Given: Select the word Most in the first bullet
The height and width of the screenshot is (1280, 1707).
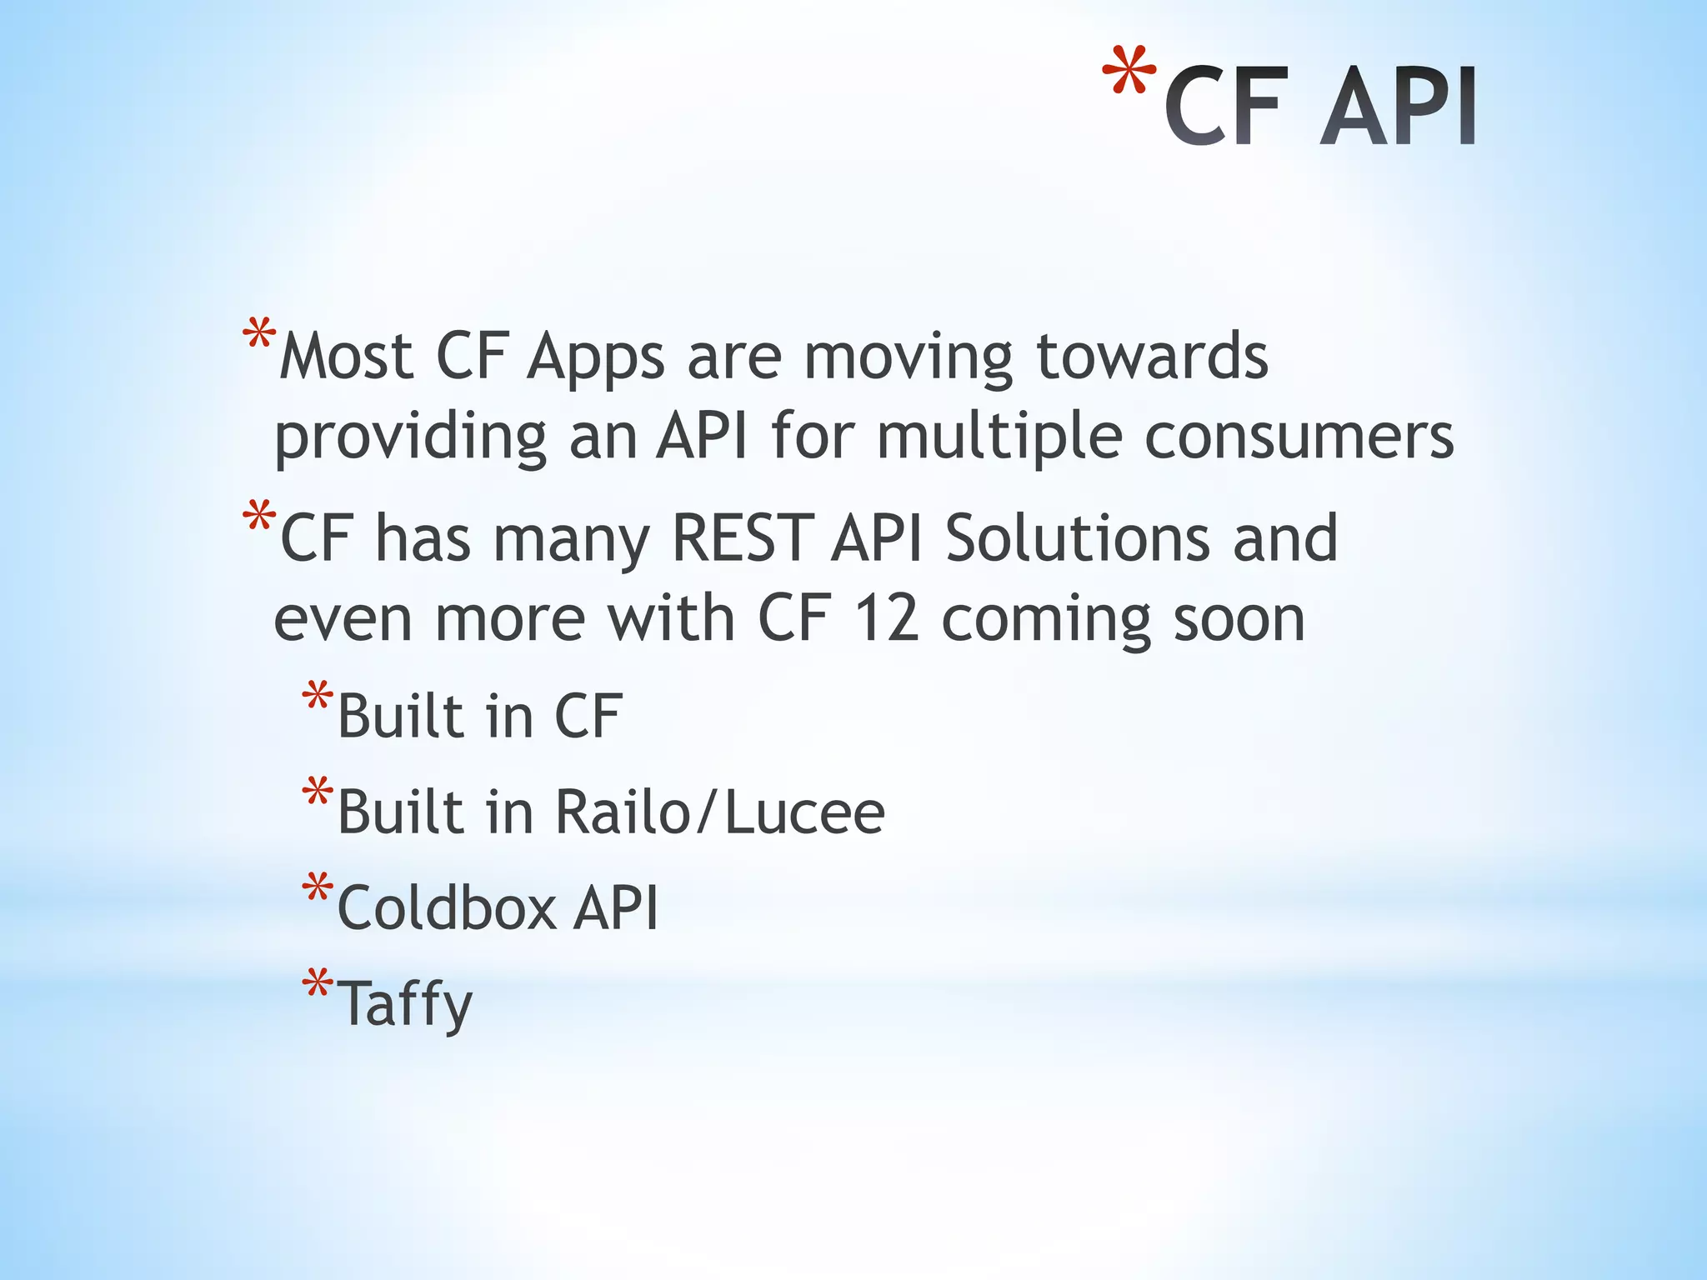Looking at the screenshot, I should [346, 357].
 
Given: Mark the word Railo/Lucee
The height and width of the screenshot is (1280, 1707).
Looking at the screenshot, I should [719, 812].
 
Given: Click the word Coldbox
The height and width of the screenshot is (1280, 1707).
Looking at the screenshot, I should [447, 907].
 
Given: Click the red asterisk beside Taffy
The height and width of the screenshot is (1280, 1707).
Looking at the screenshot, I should [318, 983].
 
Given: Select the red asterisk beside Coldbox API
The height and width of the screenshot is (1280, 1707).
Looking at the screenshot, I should [318, 888].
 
